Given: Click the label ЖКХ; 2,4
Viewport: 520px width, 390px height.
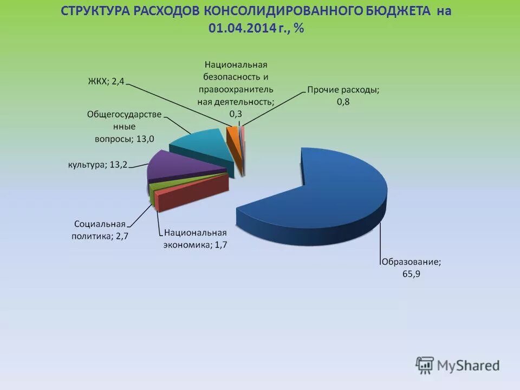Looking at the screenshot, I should [106, 81].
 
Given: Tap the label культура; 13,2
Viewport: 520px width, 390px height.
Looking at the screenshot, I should [97, 165].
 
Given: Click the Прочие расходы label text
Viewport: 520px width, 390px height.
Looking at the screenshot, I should [343, 90].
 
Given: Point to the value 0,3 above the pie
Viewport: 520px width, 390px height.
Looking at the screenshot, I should [236, 114].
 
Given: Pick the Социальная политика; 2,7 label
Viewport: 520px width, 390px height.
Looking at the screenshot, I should [100, 230].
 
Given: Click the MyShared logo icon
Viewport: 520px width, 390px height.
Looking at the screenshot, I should [425, 365].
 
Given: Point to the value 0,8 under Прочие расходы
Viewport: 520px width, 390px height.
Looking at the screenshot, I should [343, 102].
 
